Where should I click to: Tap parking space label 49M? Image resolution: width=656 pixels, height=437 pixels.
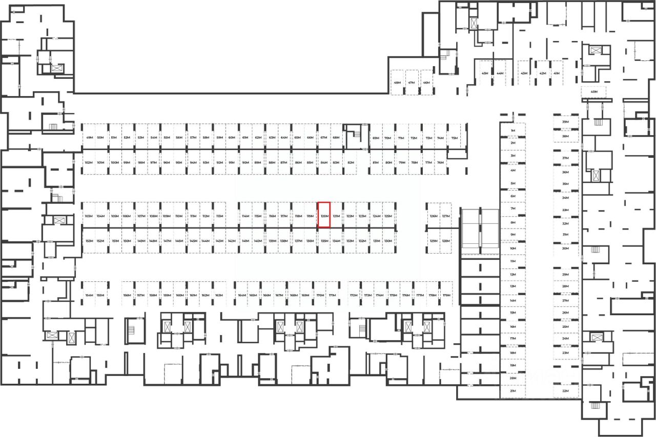[89, 138]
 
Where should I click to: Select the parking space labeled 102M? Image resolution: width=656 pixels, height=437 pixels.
[88, 162]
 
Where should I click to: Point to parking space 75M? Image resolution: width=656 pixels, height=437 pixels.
[454, 138]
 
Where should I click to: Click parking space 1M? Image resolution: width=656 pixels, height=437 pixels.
[512, 131]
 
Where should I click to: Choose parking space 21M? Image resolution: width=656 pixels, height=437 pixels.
[512, 391]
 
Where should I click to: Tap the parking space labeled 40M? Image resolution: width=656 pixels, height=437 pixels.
[594, 92]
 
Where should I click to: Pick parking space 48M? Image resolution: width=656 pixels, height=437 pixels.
[397, 82]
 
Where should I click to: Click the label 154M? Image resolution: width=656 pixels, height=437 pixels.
[89, 296]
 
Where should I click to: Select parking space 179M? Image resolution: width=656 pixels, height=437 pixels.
[446, 296]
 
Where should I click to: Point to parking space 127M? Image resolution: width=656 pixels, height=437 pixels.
[445, 216]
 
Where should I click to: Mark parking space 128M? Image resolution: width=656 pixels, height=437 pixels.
[445, 241]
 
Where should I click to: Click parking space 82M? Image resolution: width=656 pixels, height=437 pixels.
[351, 162]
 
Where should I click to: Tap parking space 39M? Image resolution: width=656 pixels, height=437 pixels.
[566, 122]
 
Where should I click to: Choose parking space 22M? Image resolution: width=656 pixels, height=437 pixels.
[566, 391]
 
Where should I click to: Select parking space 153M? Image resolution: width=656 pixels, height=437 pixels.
[89, 241]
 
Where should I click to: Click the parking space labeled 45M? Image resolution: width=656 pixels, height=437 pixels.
[485, 73]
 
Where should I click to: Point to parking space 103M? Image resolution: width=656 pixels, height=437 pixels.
[89, 216]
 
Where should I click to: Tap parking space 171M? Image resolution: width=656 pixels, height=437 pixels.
[332, 296]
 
